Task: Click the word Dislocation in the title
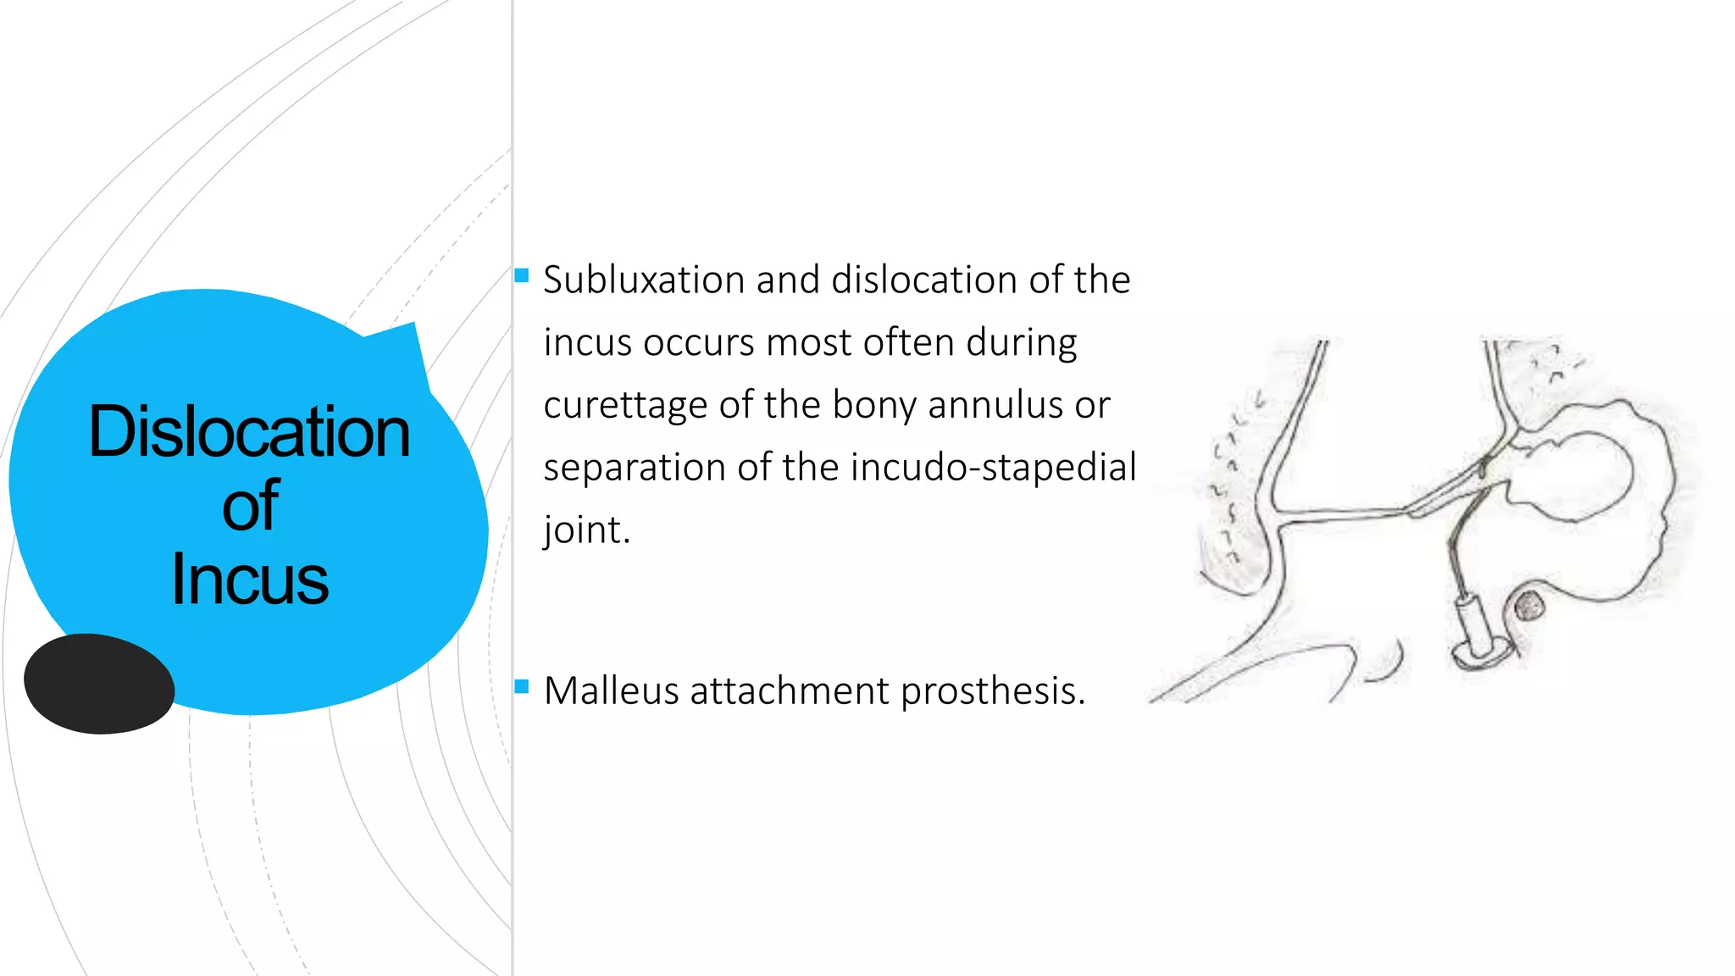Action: pos(249,432)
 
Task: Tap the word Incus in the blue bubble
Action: pos(249,580)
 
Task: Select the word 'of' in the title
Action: pos(250,506)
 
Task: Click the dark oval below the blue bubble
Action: pos(99,684)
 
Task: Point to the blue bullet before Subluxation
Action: pos(522,275)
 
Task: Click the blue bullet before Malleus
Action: pos(522,686)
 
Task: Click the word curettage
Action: pos(625,406)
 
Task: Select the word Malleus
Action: pos(611,691)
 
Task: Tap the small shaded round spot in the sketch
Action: pos(1528,607)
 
